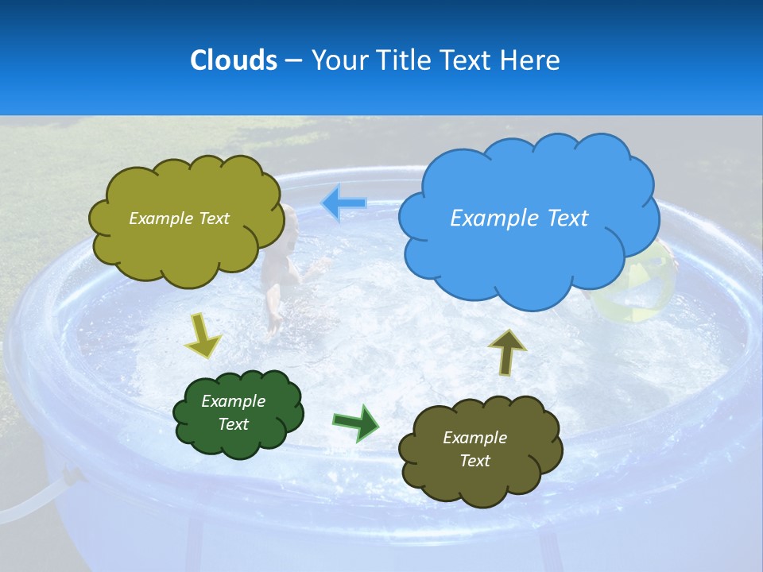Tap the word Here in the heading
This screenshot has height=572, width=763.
click(530, 60)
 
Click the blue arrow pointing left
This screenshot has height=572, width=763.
click(344, 203)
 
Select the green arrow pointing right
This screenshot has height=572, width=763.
click(355, 422)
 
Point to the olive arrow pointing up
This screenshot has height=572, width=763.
click(507, 350)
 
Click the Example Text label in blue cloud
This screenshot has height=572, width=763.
click(519, 218)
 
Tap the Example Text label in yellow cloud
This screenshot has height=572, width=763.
click(179, 218)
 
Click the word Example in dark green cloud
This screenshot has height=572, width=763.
click(233, 401)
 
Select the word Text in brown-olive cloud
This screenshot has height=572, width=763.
click(475, 461)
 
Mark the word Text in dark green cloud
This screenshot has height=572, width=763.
click(233, 424)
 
